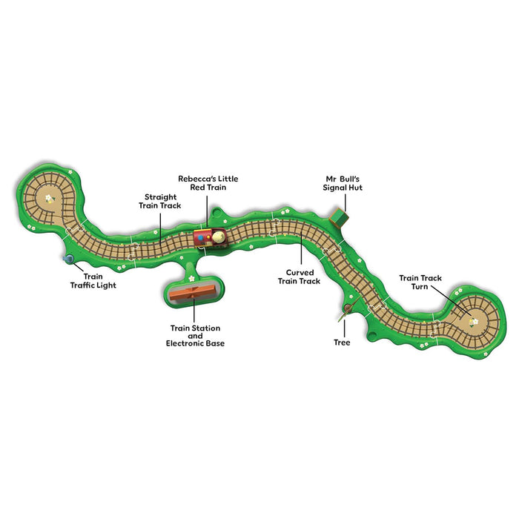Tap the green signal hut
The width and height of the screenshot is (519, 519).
[340, 216]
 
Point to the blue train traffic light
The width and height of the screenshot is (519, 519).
[69, 259]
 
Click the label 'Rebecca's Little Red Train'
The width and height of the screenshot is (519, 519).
[208, 183]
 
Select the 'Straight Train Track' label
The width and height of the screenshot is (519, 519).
[159, 201]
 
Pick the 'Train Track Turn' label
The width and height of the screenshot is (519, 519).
[420, 282]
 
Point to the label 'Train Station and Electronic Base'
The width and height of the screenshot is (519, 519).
[195, 335]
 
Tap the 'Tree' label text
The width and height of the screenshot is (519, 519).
[341, 343]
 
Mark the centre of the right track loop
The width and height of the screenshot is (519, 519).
[472, 320]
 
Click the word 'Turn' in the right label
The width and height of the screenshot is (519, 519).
[420, 287]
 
